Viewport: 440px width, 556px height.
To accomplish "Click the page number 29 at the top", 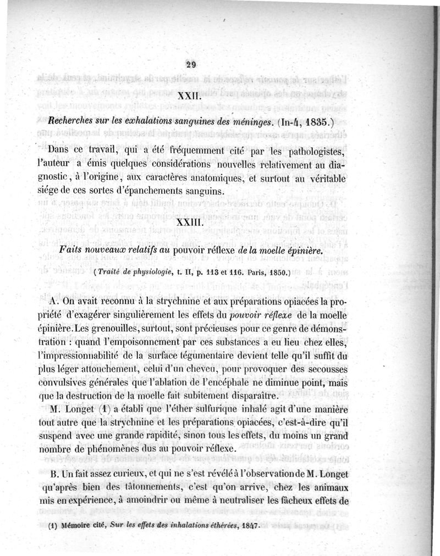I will tap(191, 64).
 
